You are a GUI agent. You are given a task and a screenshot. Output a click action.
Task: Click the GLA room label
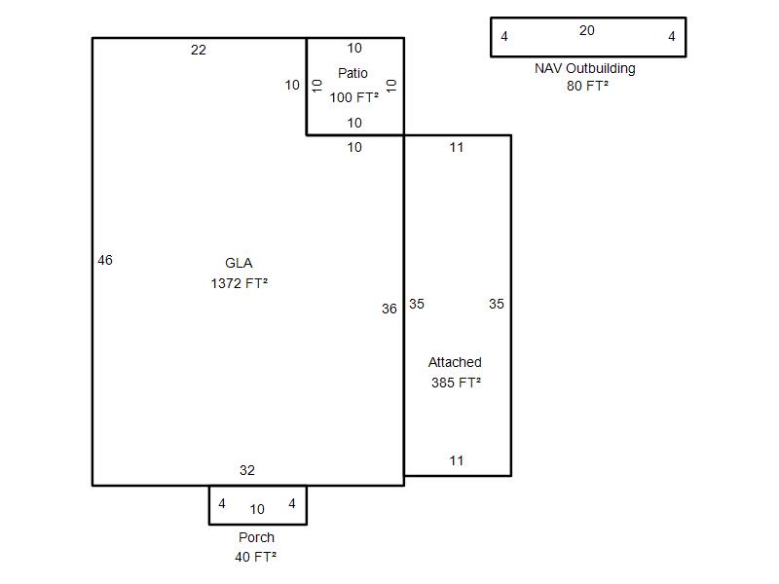click(x=239, y=263)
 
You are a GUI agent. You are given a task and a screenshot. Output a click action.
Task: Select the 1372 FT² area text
click(x=239, y=283)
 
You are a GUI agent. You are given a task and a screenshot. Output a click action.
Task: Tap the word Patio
click(x=352, y=73)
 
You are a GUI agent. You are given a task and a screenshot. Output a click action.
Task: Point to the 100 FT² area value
click(x=353, y=97)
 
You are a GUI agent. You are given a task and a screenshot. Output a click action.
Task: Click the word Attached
click(x=455, y=362)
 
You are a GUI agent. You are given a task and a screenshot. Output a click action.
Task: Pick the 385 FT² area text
click(x=456, y=383)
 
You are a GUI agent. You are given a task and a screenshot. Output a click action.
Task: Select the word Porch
click(x=256, y=537)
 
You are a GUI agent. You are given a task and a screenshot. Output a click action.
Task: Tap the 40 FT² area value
click(x=255, y=557)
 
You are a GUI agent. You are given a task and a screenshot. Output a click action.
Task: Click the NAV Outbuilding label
click(x=585, y=68)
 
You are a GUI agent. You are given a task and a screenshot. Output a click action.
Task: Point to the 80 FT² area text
click(x=587, y=86)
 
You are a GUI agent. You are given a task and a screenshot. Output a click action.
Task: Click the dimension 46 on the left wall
click(x=105, y=260)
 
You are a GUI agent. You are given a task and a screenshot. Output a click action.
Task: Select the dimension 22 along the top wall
click(x=199, y=50)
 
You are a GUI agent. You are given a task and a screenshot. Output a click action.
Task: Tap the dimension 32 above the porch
click(x=247, y=470)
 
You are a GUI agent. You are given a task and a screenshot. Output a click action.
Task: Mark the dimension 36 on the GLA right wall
click(x=389, y=309)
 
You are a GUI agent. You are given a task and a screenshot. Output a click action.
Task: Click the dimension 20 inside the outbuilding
click(x=587, y=30)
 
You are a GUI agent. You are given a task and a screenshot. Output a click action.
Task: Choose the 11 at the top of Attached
click(x=456, y=147)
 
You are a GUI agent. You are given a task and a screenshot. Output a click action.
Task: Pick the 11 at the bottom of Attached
click(x=456, y=460)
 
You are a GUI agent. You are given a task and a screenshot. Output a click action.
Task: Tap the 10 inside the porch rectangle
click(x=257, y=509)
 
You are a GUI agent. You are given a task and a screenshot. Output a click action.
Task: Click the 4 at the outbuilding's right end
click(x=672, y=36)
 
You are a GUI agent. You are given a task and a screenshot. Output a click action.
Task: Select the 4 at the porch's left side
click(x=222, y=503)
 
